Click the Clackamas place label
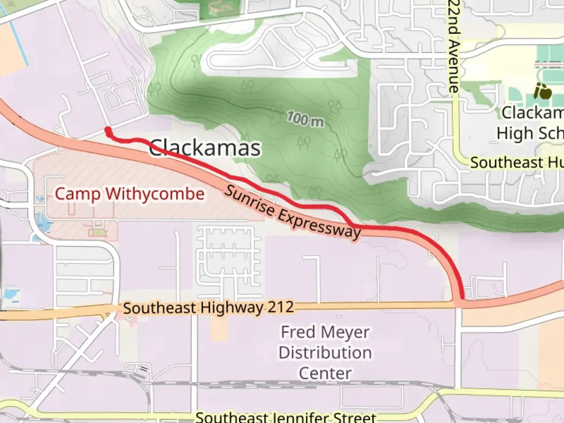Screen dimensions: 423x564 click(205, 148)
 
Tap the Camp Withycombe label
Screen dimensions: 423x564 click(129, 194)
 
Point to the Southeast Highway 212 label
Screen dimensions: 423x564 click(208, 307)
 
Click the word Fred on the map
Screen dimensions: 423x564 click(298, 333)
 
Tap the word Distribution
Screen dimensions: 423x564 click(325, 353)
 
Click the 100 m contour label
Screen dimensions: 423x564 click(305, 119)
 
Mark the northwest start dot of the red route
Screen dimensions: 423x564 click(108, 130)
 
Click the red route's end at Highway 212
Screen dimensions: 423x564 click(463, 297)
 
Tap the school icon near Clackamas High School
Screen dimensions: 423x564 click(543, 92)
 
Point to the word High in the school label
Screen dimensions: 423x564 click(514, 134)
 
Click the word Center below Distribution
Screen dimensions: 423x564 click(325, 373)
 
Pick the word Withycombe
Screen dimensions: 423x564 click(155, 194)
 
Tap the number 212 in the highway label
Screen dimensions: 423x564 click(281, 307)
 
